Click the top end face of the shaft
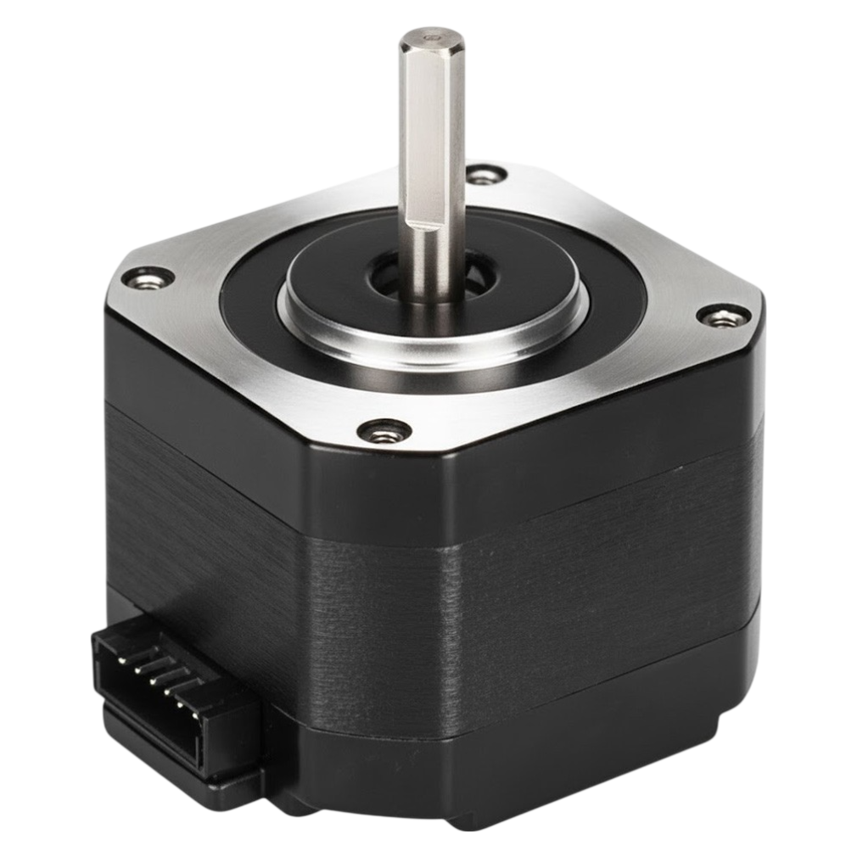[432, 36]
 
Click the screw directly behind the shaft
[485, 176]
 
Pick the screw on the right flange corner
[723, 316]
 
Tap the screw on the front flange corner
[384, 432]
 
